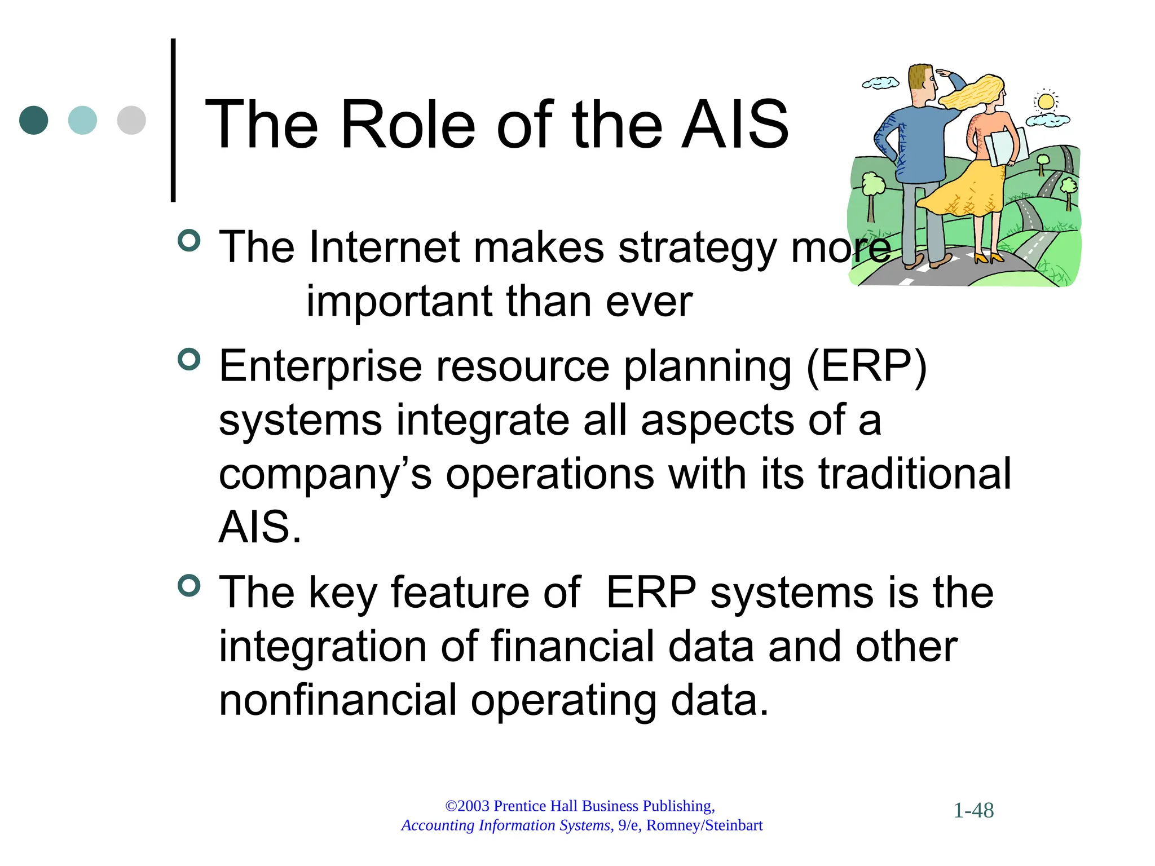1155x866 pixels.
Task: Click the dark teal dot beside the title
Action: [x=33, y=120]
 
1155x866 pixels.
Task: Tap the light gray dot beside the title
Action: [x=131, y=120]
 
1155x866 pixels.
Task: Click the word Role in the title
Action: [x=408, y=125]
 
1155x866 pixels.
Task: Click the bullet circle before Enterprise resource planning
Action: [x=189, y=359]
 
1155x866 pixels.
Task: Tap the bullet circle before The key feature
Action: [x=189, y=585]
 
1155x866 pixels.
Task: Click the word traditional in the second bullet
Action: [x=914, y=474]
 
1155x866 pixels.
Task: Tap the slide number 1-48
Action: [x=973, y=811]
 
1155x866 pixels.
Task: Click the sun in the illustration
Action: [x=1046, y=102]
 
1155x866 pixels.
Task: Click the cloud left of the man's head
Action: [x=880, y=83]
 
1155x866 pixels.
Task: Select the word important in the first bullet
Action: [x=398, y=302]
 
